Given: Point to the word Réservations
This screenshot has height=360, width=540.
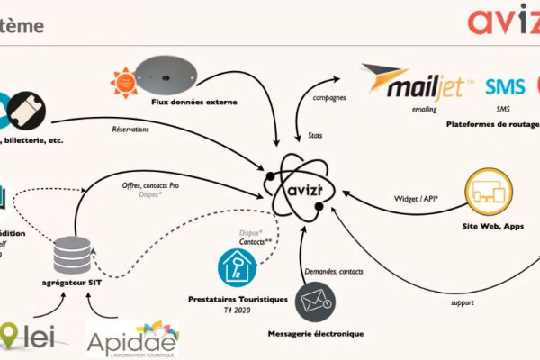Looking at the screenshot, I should point(130,130).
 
